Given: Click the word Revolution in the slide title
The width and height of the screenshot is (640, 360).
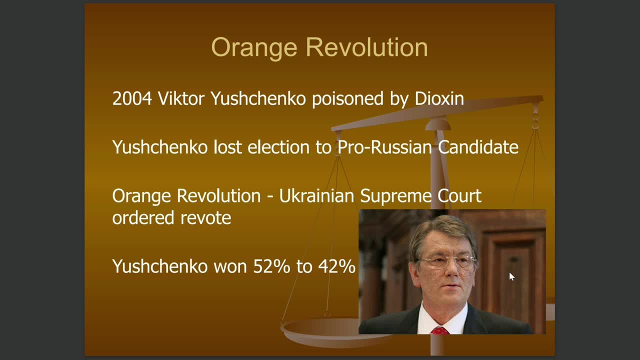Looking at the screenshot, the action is [x=367, y=47].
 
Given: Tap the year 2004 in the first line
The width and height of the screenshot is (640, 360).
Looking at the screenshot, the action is [x=132, y=99].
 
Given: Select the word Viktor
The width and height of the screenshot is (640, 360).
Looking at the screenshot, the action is [x=181, y=98].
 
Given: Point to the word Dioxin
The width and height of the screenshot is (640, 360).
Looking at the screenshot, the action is [x=439, y=98].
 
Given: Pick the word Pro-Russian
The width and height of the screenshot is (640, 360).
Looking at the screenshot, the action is [x=384, y=147].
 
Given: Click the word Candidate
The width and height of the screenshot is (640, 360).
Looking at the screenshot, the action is [x=478, y=147].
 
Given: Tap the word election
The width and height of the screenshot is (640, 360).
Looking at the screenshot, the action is [x=278, y=147].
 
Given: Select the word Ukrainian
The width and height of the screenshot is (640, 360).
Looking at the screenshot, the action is [x=316, y=196].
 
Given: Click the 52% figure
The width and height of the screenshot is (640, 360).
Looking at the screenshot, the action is [x=271, y=266].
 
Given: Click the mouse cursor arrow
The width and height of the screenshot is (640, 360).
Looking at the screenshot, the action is [x=511, y=276].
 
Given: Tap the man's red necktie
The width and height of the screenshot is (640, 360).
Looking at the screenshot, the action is [x=440, y=331].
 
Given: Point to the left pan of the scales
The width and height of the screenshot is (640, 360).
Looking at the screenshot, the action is [x=320, y=331].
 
